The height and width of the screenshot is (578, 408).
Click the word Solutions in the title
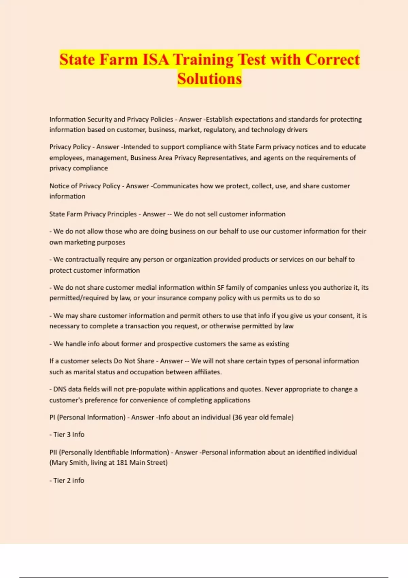coord(209,79)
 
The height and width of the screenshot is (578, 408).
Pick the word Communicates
coord(176,186)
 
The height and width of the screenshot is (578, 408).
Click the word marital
coord(83,372)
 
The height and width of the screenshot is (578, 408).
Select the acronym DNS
coord(60,389)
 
